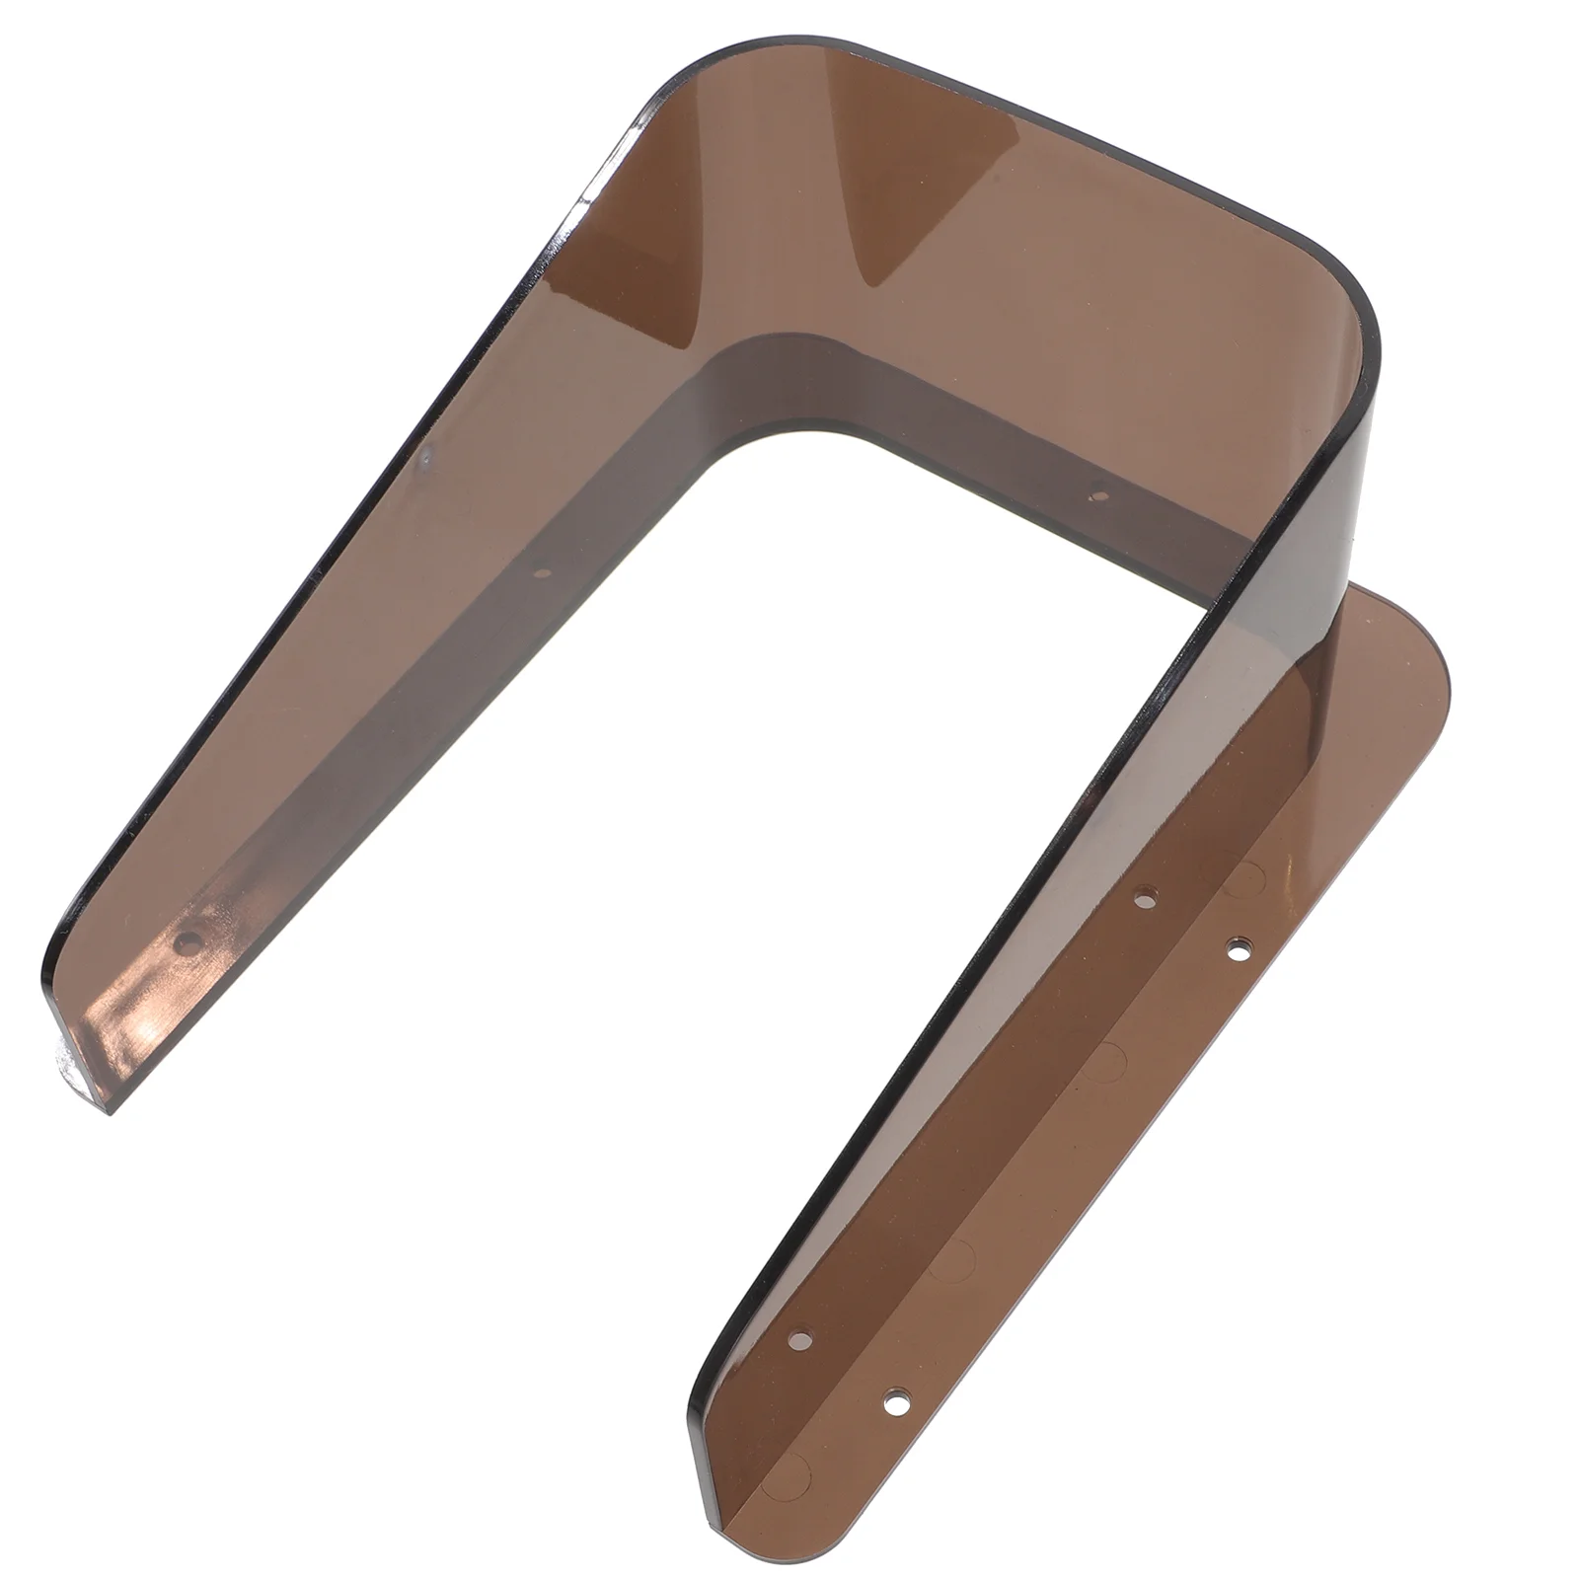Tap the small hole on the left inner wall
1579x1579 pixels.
pyautogui.click(x=540, y=570)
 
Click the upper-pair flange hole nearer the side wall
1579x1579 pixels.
pyautogui.click(x=1144, y=898)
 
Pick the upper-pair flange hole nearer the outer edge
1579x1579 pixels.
pyautogui.click(x=1237, y=948)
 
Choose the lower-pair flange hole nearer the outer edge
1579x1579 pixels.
pyautogui.click(x=894, y=1398)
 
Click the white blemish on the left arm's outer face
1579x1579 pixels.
pyautogui.click(x=424, y=456)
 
